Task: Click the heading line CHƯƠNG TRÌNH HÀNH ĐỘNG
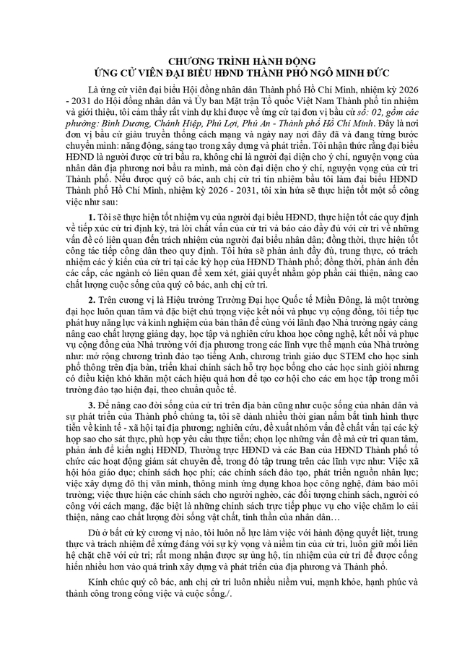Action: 230,62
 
